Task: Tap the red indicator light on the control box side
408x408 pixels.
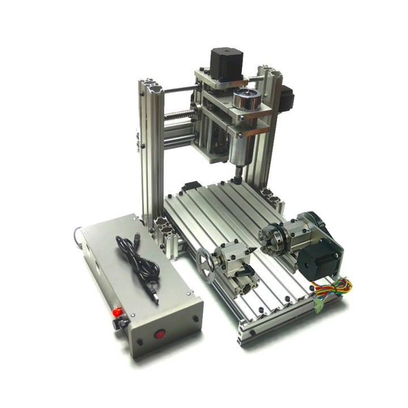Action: point(117,312)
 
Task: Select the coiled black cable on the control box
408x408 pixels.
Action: point(136,258)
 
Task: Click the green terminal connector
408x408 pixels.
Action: point(318,306)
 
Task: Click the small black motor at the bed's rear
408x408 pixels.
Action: point(190,188)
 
